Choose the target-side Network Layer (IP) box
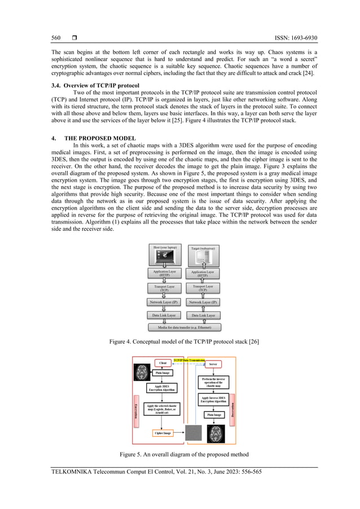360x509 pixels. click(x=203, y=302)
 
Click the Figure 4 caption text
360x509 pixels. click(x=179, y=342)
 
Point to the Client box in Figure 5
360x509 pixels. click(x=163, y=362)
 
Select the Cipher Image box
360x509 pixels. click(x=163, y=433)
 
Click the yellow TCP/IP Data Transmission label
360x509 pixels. click(x=189, y=359)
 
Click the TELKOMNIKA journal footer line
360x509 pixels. click(x=156, y=472)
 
